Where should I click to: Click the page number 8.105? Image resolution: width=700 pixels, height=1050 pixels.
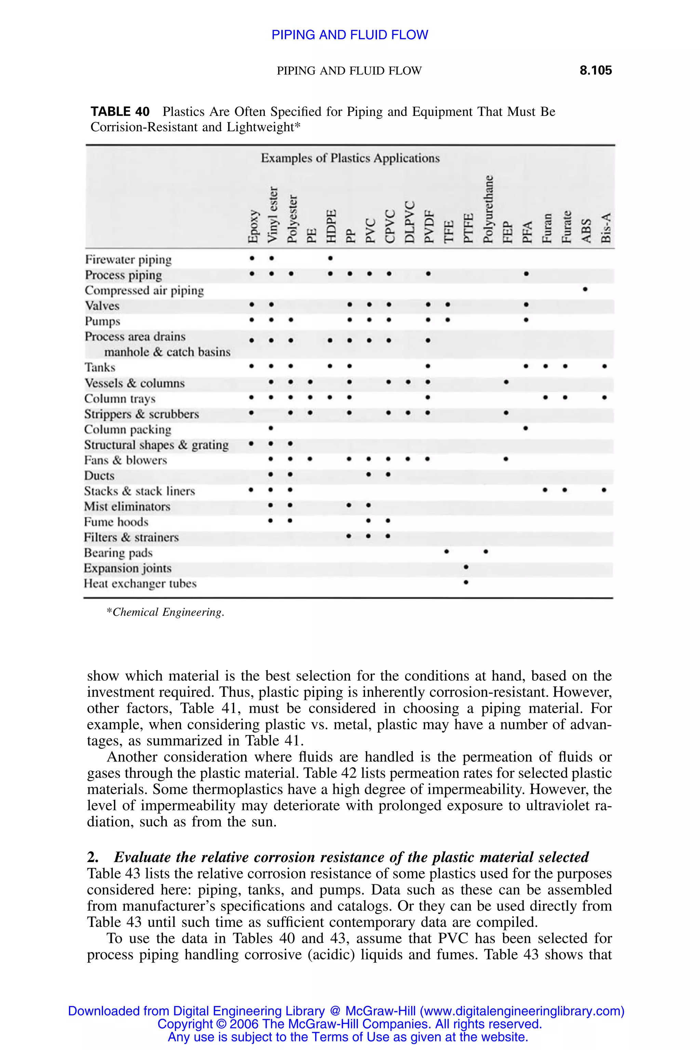[595, 70]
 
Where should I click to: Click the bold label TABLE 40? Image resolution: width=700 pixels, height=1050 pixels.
[120, 112]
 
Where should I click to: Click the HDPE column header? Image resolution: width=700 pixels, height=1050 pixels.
[331, 226]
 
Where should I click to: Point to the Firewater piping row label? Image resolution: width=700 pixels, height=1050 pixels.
[128, 259]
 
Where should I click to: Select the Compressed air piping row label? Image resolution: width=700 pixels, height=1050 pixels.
[144, 290]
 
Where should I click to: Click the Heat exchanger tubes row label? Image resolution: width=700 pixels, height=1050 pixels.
[140, 583]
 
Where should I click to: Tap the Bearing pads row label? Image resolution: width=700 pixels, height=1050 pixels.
[118, 553]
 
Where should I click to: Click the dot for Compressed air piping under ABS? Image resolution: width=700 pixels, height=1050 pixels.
[585, 289]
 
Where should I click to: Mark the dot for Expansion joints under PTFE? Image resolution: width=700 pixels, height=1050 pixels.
[466, 567]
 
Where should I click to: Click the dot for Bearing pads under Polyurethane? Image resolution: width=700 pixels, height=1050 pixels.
[486, 552]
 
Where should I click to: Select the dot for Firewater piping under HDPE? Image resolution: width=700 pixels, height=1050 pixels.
[331, 258]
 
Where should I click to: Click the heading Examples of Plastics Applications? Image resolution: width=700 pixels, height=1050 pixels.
[350, 158]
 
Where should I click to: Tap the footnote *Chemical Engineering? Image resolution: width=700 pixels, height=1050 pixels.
[165, 612]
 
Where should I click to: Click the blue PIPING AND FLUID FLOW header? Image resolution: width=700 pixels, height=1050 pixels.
[350, 35]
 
